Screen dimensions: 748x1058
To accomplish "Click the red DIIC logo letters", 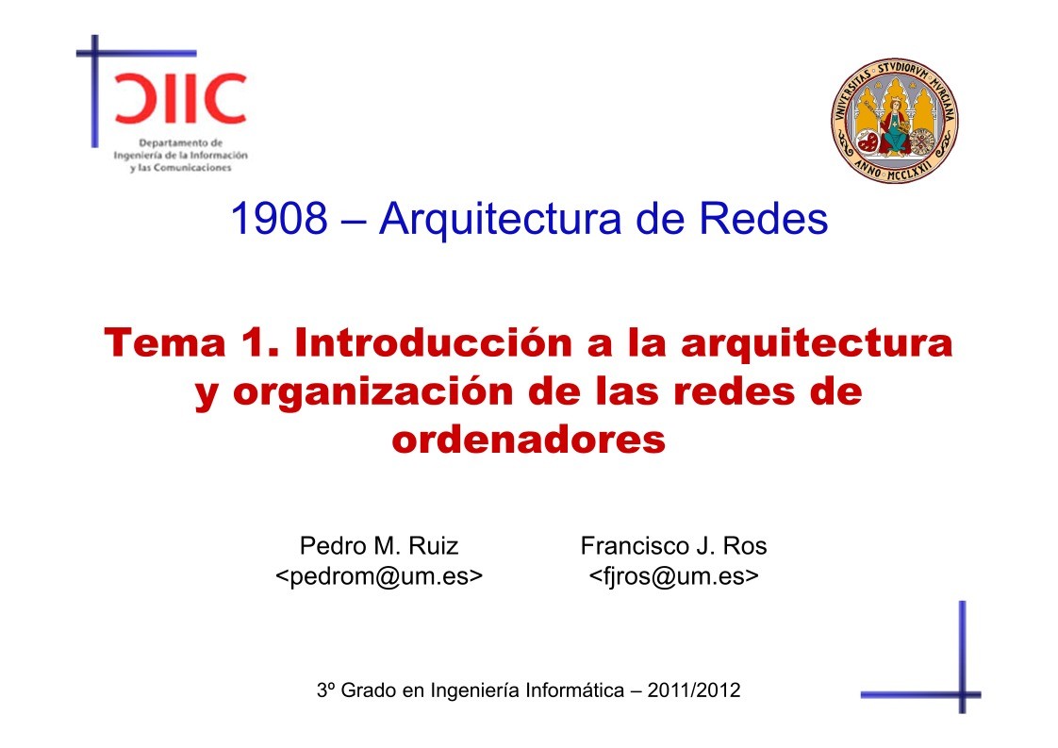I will [178, 97].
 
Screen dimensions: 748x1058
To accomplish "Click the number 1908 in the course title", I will [278, 220].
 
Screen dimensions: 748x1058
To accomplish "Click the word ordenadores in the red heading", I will [528, 440].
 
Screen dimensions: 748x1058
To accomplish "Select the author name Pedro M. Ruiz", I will [379, 545].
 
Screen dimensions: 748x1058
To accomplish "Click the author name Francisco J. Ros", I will [673, 545].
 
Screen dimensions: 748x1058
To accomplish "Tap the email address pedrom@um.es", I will [379, 575].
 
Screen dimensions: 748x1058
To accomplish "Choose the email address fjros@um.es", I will [673, 575].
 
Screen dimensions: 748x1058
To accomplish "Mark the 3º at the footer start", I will [326, 690].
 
